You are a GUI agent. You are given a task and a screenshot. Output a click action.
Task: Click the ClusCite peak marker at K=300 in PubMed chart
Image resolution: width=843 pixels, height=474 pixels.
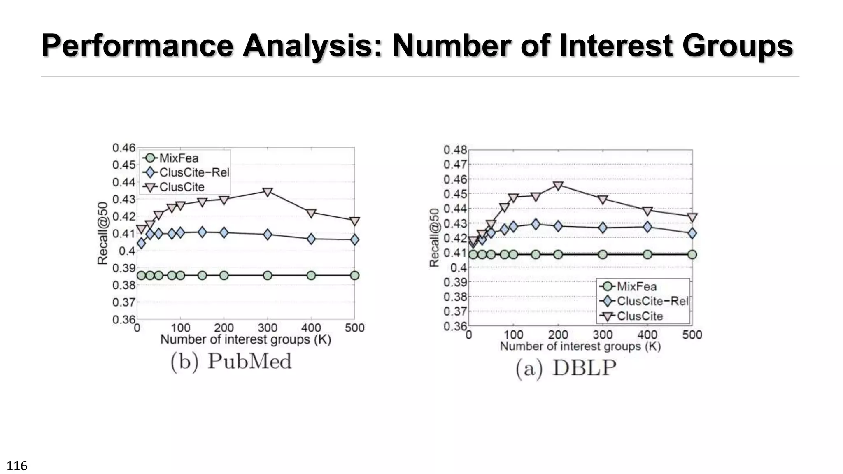pyautogui.click(x=268, y=192)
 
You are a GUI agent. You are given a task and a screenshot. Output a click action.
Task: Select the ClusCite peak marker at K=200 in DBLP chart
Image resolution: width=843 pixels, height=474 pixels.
pyautogui.click(x=558, y=186)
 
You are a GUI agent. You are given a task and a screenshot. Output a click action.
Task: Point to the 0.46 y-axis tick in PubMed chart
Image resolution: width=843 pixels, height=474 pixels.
pyautogui.click(x=124, y=148)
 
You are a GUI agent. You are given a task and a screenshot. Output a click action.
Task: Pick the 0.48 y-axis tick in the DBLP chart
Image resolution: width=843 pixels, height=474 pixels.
pyautogui.click(x=455, y=150)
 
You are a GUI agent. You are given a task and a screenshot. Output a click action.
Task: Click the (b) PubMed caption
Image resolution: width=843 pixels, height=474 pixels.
pyautogui.click(x=231, y=362)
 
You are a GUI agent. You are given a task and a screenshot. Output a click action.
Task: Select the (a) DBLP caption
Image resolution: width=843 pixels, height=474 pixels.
pyautogui.click(x=566, y=368)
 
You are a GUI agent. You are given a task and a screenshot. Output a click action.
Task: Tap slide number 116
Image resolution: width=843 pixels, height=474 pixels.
pyautogui.click(x=17, y=466)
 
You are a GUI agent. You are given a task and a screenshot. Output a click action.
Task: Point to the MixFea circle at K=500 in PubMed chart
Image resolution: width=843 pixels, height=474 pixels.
pyautogui.click(x=354, y=275)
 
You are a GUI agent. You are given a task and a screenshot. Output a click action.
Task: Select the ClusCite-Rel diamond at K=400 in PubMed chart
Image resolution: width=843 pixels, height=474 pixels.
pyautogui.click(x=311, y=239)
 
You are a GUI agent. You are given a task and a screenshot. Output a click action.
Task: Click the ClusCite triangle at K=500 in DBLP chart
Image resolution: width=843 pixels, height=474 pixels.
pyautogui.click(x=692, y=217)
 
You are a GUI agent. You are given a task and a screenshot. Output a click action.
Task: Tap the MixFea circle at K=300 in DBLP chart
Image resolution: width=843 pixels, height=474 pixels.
pyautogui.click(x=603, y=254)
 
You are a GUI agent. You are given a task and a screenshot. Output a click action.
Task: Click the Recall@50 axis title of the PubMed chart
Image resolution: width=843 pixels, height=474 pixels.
pyautogui.click(x=102, y=233)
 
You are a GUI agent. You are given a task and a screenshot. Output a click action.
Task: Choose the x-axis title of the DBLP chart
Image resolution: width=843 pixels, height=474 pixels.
pyautogui.click(x=580, y=346)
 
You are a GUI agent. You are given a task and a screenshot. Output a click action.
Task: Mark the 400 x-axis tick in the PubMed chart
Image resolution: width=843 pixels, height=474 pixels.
pyautogui.click(x=311, y=328)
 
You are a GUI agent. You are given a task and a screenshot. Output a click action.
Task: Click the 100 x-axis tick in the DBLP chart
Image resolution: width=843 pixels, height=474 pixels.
pyautogui.click(x=513, y=335)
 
